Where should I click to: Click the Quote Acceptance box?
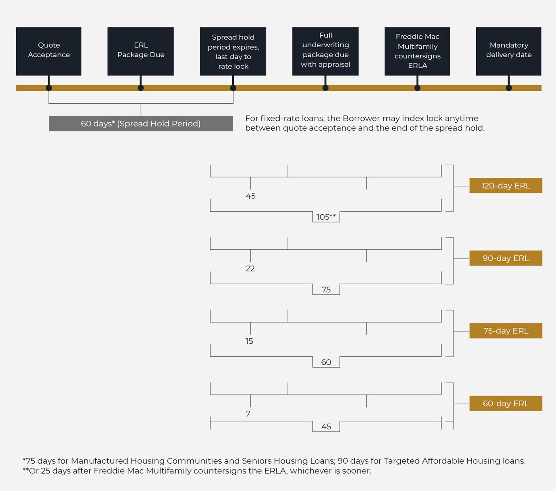[48, 51]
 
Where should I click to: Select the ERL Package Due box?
[141, 51]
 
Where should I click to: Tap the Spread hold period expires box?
[233, 51]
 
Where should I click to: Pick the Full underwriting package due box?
[325, 51]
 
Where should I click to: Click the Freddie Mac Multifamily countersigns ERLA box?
[417, 51]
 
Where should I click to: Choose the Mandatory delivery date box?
[509, 51]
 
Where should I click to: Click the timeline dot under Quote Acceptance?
[49, 88]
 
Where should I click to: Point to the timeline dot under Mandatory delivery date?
[509, 88]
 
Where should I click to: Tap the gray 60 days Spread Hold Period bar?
[141, 123]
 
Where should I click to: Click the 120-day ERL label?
[506, 185]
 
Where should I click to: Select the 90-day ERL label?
[506, 258]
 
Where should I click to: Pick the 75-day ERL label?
[506, 331]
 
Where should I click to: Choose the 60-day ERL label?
[506, 403]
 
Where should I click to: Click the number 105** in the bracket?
[326, 217]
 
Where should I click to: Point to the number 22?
[250, 268]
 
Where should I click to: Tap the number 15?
[249, 341]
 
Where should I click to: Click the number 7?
[248, 413]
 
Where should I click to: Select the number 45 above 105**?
[251, 196]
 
